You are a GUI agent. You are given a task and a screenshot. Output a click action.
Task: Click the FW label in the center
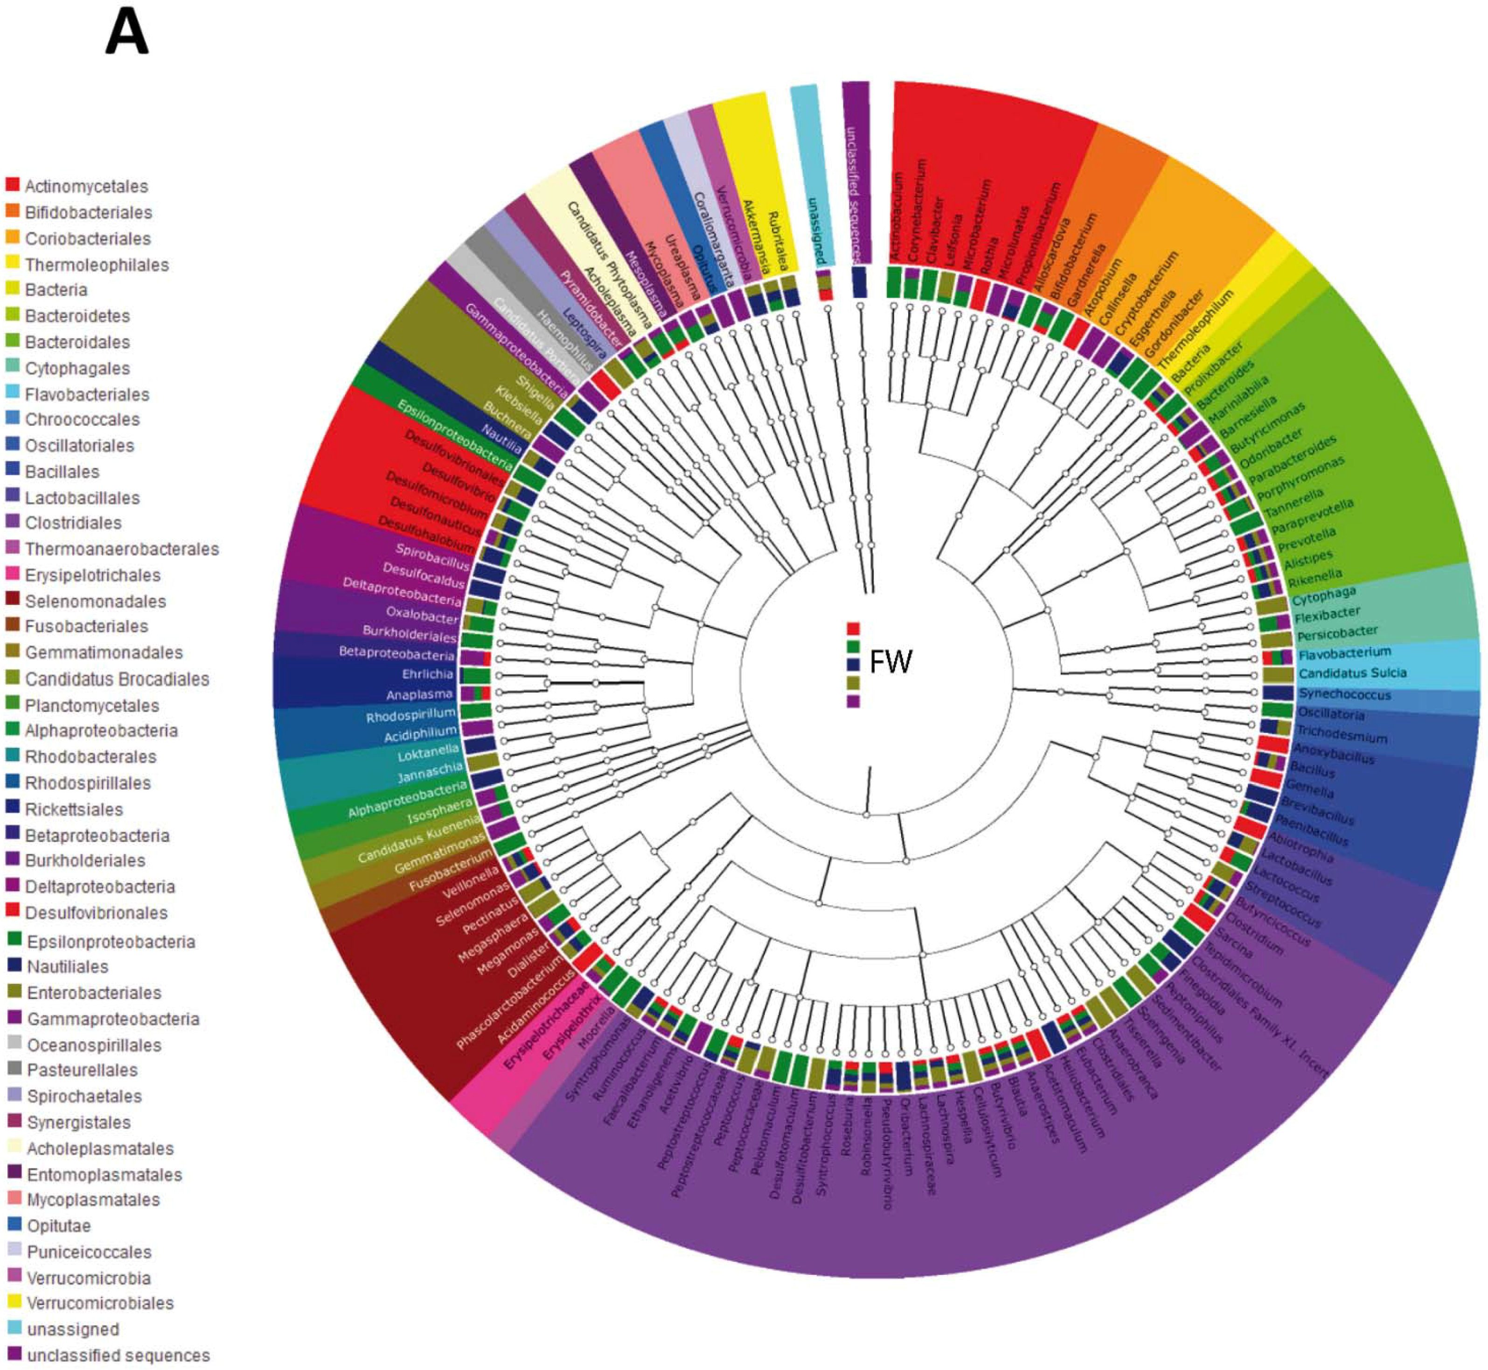(890, 662)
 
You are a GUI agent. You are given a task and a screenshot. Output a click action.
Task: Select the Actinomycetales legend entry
(86, 186)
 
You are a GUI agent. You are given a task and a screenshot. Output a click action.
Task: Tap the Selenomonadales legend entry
(95, 601)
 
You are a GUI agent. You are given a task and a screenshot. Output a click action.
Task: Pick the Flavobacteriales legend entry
(87, 395)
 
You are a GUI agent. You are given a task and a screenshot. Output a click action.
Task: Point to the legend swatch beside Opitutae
(14, 1225)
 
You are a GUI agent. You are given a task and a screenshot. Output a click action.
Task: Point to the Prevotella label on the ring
(1307, 539)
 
